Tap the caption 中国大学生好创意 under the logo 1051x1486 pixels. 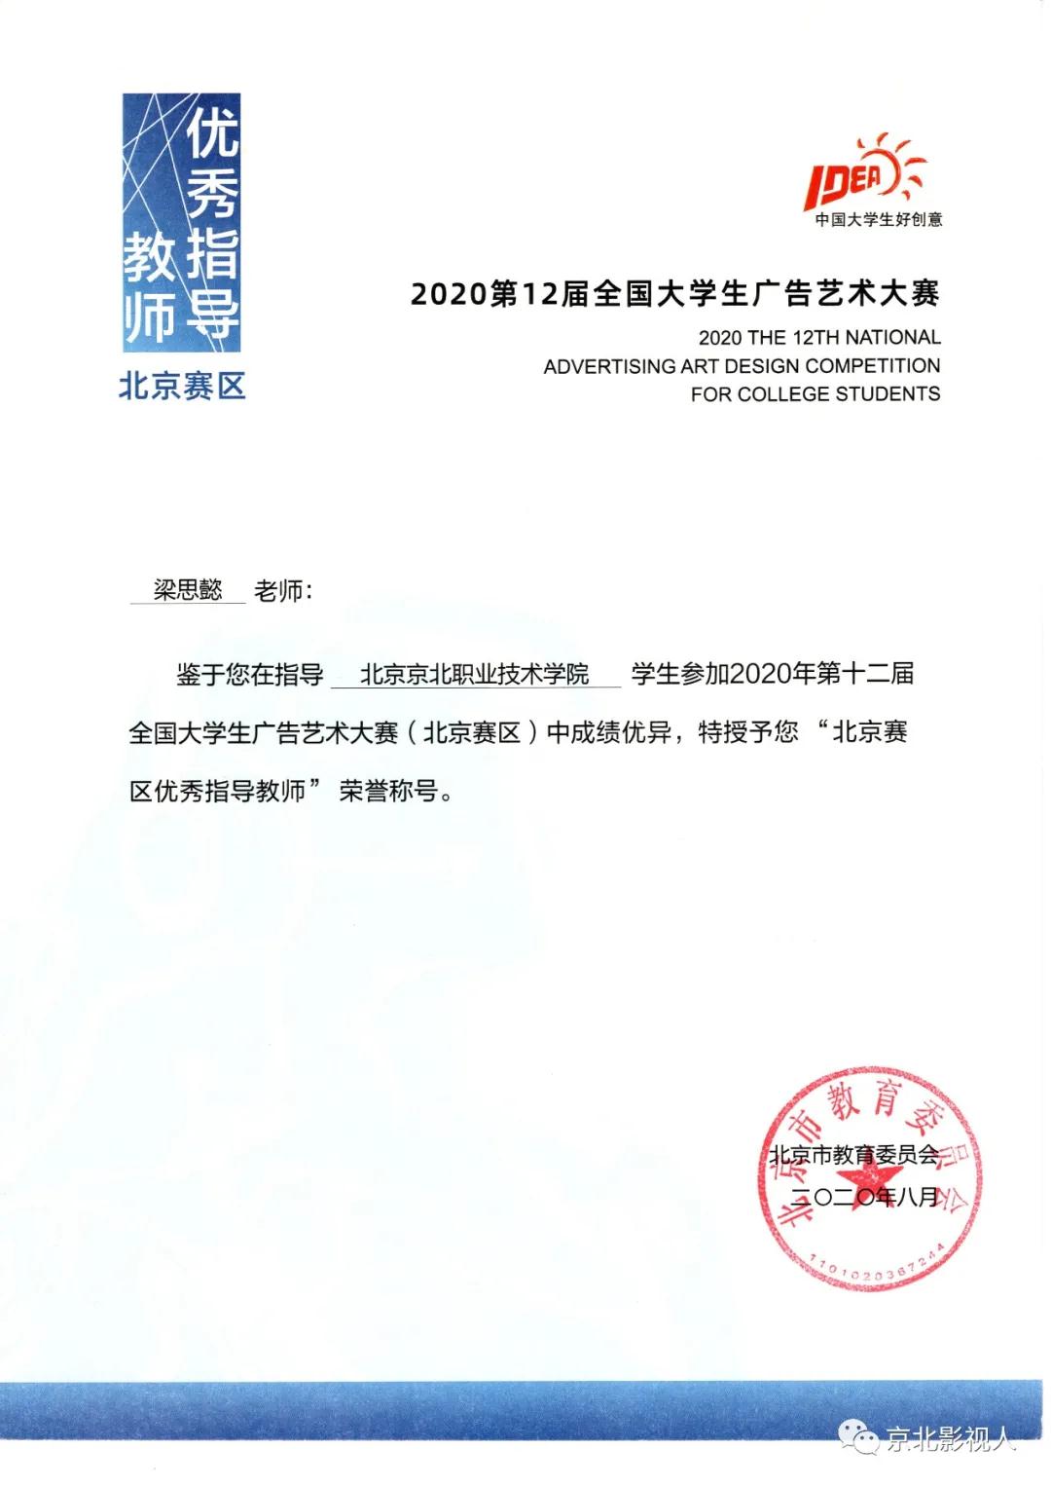879,220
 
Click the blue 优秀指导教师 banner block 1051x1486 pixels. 181,222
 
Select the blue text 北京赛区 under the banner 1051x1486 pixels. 182,387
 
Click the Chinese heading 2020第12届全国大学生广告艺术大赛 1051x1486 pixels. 674,293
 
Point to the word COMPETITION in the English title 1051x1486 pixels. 873,366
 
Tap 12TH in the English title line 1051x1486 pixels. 815,338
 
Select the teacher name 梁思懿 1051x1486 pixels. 188,589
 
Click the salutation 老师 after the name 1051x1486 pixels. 278,590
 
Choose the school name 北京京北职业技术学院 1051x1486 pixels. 475,674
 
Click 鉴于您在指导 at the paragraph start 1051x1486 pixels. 249,674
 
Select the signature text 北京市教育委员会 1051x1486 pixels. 853,1155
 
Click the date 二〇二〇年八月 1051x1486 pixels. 864,1197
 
